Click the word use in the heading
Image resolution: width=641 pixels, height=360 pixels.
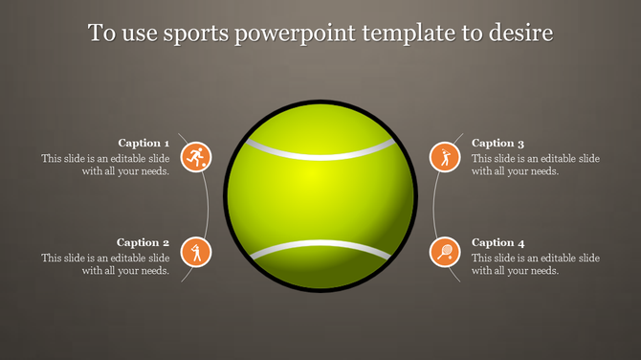135,34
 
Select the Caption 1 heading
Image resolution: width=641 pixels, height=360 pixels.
144,143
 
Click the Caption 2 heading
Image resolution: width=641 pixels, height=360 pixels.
144,243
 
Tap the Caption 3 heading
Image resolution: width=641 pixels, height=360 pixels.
498,143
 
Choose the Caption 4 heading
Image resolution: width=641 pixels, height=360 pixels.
498,243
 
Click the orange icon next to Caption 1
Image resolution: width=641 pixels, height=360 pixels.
196,157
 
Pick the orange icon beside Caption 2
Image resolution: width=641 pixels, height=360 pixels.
196,253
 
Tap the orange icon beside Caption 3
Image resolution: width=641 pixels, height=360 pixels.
445,157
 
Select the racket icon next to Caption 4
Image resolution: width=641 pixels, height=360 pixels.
445,253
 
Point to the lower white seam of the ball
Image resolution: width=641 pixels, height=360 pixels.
320,250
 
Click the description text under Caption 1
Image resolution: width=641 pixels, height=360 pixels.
106,165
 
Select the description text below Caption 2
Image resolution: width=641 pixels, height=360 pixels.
106,264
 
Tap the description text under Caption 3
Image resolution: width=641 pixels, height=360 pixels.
536,165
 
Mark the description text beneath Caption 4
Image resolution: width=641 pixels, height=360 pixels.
536,264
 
